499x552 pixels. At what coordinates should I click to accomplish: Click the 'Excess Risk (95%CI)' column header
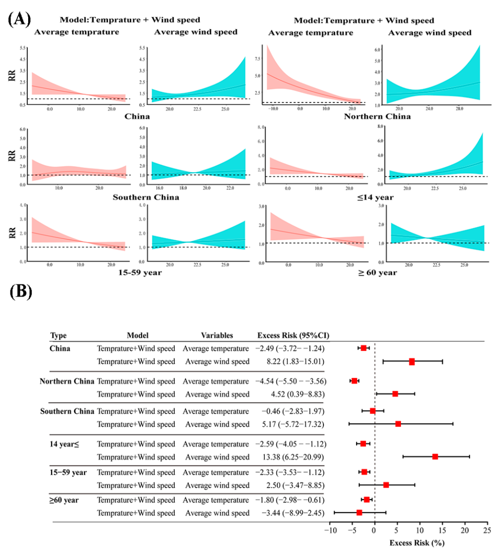point(293,335)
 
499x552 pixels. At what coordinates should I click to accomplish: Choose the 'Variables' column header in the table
point(217,335)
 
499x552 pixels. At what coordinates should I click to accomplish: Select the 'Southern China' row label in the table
point(67,411)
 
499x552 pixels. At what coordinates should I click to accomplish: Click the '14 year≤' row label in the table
point(64,444)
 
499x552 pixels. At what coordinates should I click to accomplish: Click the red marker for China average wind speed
point(412,362)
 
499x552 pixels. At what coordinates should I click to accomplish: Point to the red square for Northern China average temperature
point(354,381)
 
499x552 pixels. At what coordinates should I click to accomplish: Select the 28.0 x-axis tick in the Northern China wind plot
point(459,109)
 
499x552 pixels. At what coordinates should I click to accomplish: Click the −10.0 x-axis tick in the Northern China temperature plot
point(273,109)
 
